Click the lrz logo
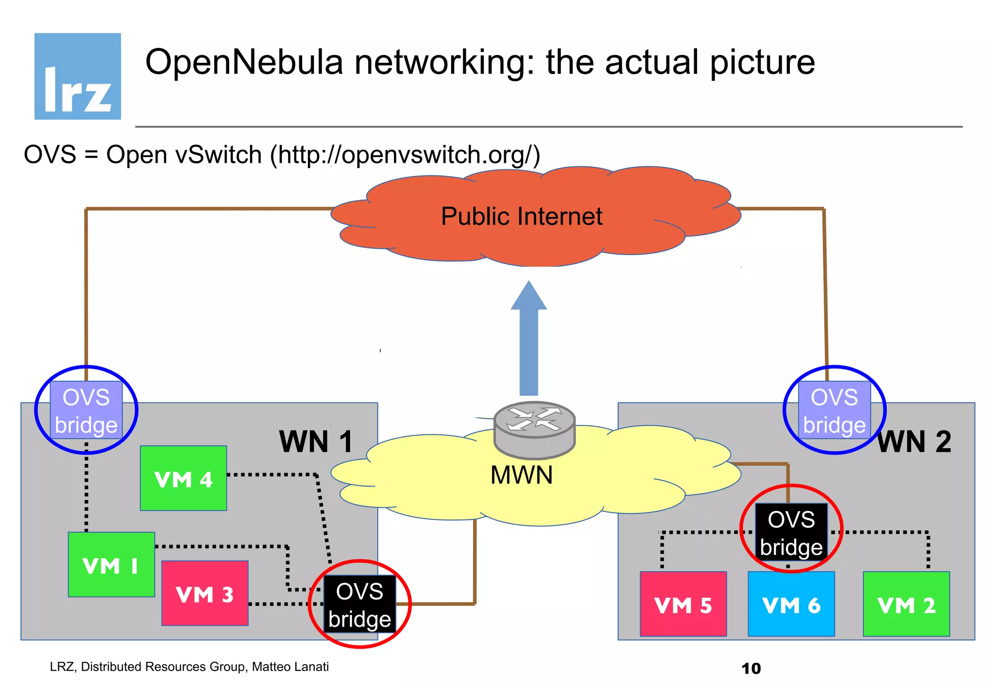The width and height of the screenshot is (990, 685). [77, 76]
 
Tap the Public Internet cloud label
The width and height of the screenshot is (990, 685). [521, 216]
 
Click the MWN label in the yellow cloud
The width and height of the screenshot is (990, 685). [521, 475]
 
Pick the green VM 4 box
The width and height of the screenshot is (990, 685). [183, 478]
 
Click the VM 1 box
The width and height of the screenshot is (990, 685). [111, 565]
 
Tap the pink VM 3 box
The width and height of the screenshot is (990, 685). [204, 594]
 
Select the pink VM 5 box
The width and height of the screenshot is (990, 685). [683, 604]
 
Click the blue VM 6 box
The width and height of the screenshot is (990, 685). [791, 604]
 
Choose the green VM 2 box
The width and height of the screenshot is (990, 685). [906, 604]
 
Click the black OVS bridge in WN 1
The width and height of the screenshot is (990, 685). [359, 604]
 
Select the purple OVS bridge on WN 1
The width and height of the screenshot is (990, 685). [86, 410]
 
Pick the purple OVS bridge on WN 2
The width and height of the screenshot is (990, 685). [834, 410]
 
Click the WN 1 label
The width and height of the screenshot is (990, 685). [316, 441]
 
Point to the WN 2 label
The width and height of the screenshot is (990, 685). [914, 441]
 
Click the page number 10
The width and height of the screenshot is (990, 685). [751, 669]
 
